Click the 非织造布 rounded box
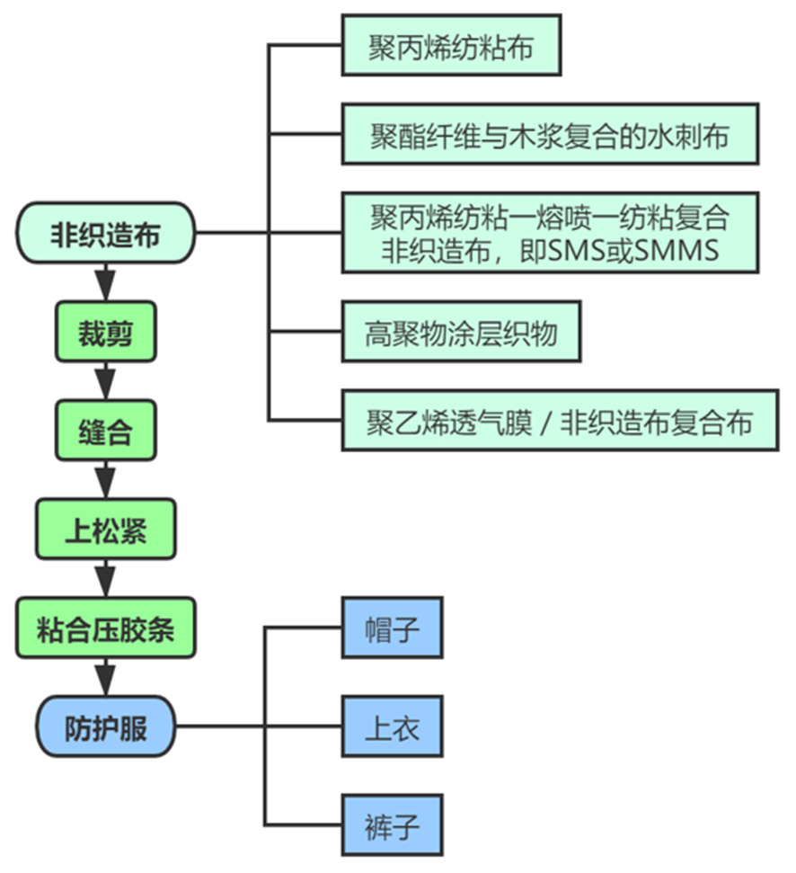coord(105,234)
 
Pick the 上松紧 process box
coord(105,530)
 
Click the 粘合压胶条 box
coord(105,628)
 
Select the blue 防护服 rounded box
coord(105,726)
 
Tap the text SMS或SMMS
coord(633,248)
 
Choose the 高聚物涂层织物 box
coord(460,334)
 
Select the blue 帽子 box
coord(393,628)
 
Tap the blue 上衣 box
coord(393,726)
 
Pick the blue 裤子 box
coord(393,824)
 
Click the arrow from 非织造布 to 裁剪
coord(105,282)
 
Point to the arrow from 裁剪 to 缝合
coord(105,381)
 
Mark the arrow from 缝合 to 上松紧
coord(105,479)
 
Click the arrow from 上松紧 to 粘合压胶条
coord(105,577)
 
